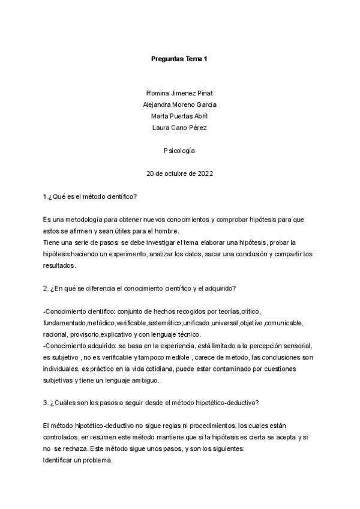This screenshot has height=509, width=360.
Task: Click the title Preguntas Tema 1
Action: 179,58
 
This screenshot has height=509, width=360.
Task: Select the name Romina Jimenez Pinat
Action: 179,93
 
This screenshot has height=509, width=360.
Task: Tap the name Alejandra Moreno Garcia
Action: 179,104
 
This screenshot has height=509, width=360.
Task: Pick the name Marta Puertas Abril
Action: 179,116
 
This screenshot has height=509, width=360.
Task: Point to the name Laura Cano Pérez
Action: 179,127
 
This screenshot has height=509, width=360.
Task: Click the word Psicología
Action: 179,151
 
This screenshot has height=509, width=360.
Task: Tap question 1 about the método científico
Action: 91,197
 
